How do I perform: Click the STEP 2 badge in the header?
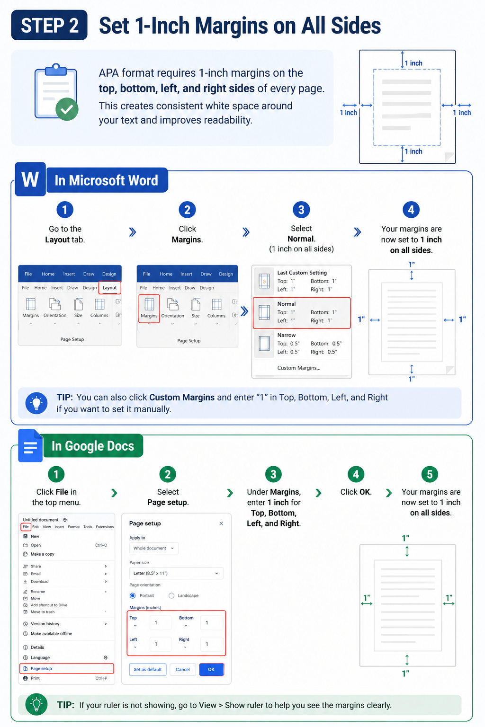point(49,25)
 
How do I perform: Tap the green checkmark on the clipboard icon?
point(67,109)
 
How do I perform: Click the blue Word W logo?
point(30,179)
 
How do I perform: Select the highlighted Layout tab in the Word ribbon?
point(109,288)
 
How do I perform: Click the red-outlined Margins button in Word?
point(149,309)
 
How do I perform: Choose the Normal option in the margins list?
point(301,313)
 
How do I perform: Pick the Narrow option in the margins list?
point(301,343)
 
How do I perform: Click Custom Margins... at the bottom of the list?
point(298,368)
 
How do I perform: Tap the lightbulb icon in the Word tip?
point(36,403)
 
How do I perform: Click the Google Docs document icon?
point(30,445)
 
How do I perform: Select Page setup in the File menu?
point(67,669)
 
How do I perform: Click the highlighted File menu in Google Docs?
point(26,527)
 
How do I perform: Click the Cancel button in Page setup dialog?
point(182,669)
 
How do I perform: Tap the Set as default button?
point(147,669)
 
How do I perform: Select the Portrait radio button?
point(133,595)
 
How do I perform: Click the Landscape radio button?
point(171,595)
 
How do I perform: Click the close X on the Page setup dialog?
point(221,523)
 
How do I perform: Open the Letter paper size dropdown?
point(176,573)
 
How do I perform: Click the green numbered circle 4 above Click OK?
point(356,475)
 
